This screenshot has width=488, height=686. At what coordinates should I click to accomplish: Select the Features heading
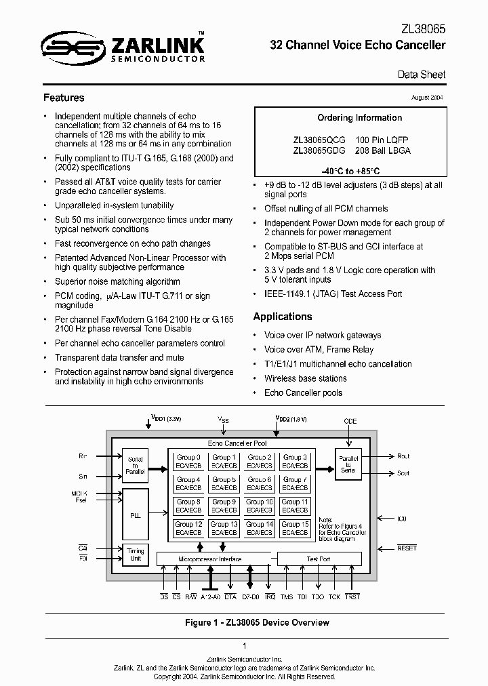[x=64, y=98]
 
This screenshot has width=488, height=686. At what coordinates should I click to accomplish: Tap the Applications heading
[x=283, y=317]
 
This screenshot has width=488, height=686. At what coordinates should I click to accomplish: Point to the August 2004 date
[x=427, y=98]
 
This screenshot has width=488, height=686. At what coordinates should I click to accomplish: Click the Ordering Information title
[x=360, y=117]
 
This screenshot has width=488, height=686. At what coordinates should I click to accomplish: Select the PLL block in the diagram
[x=136, y=515]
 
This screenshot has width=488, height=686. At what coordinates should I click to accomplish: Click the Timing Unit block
[x=136, y=554]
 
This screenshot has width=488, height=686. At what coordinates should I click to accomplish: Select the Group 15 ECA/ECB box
[x=295, y=528]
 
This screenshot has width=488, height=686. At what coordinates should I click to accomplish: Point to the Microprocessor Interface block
[x=209, y=559]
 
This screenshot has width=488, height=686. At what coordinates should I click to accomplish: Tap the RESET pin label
[x=407, y=548]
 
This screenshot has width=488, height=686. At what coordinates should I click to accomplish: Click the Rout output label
[x=403, y=456]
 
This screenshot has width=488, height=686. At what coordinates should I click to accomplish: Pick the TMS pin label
[x=287, y=597]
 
